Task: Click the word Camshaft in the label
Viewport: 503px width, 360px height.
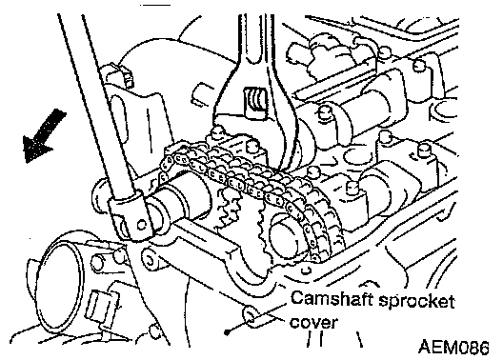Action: pyautogui.click(x=332, y=299)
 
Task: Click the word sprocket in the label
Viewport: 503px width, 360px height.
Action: pyautogui.click(x=416, y=302)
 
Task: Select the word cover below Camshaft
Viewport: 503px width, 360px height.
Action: pyautogui.click(x=313, y=323)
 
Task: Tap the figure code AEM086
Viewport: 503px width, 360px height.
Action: pyautogui.click(x=453, y=348)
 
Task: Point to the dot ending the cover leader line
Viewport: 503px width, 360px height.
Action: pyautogui.click(x=227, y=333)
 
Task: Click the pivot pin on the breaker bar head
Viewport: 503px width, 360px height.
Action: pyautogui.click(x=141, y=225)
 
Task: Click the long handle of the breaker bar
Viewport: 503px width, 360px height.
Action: pyautogui.click(x=96, y=106)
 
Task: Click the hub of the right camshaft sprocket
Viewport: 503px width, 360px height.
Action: pyautogui.click(x=286, y=235)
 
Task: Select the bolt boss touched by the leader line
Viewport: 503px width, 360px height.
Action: pyautogui.click(x=251, y=316)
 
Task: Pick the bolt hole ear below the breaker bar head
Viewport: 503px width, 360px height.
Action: pyautogui.click(x=150, y=259)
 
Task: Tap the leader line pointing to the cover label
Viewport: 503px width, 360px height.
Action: pyautogui.click(x=256, y=318)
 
